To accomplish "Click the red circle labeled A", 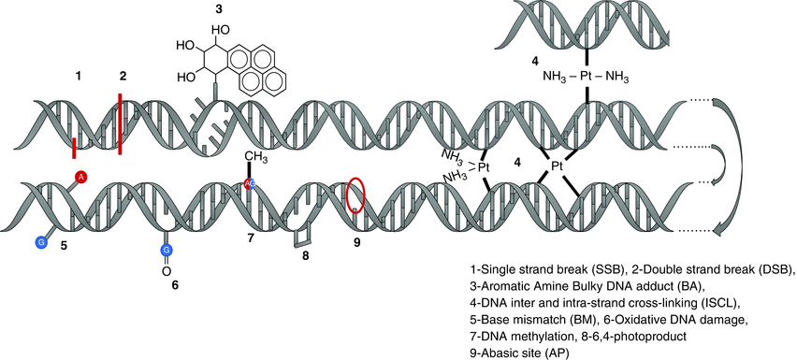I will coord(81,176).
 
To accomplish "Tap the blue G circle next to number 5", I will coord(40,242).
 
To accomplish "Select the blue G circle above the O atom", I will coord(166,250).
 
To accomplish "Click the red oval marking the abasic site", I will coord(356,196).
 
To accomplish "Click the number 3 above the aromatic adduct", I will coord(218,9).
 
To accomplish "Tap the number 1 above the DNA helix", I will coord(79,74).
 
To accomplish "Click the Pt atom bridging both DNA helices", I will coord(556,166).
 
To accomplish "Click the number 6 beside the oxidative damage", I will coord(174,284).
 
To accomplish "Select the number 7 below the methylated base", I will coord(251,238).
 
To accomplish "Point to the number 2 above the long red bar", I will coord(122,74).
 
